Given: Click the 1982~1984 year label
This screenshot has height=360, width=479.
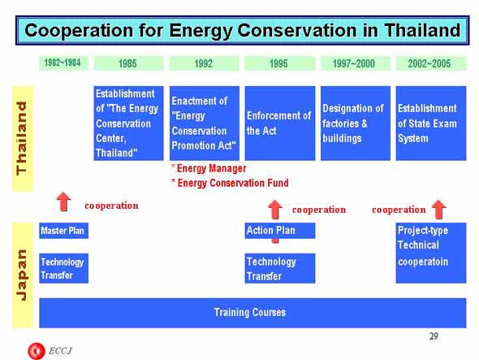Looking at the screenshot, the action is pos(63,63).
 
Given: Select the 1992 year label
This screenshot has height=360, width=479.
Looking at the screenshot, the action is pos(204,63).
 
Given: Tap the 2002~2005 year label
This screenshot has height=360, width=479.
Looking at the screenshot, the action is pos(431,63).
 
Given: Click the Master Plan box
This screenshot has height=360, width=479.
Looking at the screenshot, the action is pos(63,231).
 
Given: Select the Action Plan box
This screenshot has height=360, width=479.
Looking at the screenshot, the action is pos(280,231).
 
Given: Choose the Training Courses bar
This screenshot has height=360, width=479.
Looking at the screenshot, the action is pos(252,313).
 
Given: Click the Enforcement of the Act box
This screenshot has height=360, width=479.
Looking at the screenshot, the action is pos(280,123).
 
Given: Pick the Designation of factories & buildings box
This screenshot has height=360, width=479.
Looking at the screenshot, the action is pos(356,123).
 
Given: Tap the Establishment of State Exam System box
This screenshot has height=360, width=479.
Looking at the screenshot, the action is pos(431,123).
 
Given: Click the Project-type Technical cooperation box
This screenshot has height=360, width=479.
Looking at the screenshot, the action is pos(431,253).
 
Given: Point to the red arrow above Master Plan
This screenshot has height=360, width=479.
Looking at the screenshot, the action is pos(64,202).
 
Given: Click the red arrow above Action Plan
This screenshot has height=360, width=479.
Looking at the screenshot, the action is pos(275,210).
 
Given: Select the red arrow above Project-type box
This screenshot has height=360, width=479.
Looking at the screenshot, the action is pos(439,210).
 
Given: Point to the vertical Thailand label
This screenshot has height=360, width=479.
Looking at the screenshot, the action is pos(22,138).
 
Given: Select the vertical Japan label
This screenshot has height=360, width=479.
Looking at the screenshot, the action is pos(22,275).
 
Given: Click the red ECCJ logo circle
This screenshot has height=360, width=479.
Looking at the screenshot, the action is pos(37,351).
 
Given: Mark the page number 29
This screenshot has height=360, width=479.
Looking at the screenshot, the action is pos(434,336).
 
